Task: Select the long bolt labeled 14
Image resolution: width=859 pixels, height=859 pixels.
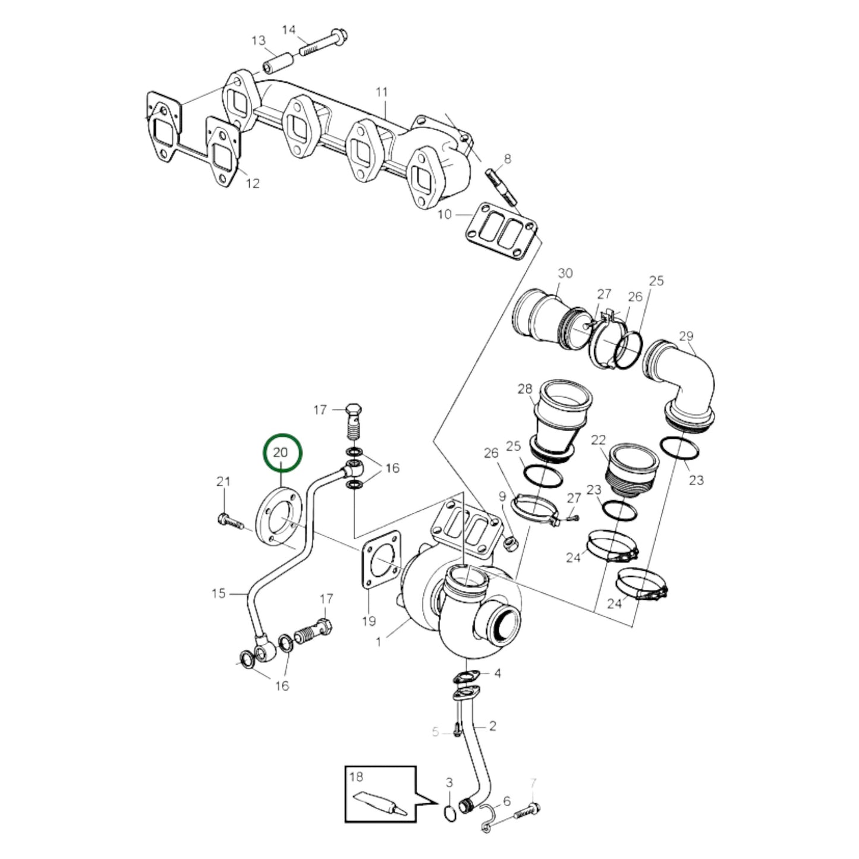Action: click(x=325, y=42)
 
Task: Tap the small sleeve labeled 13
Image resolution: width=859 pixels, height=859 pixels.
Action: click(x=279, y=60)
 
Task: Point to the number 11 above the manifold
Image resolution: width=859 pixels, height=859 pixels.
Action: click(x=382, y=92)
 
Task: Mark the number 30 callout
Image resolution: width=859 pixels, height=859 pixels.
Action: click(x=565, y=273)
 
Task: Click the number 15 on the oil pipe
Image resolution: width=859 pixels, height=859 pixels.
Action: click(x=219, y=593)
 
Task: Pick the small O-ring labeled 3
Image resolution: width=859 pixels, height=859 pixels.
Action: click(x=450, y=812)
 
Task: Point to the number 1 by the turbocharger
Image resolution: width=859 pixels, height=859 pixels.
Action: click(x=379, y=642)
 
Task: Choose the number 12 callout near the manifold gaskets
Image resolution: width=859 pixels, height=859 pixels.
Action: click(x=253, y=183)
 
